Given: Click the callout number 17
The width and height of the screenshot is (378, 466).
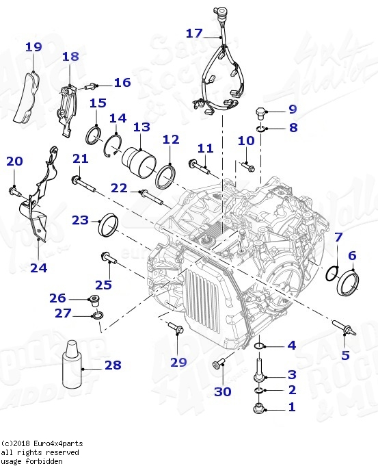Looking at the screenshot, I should click(194, 33).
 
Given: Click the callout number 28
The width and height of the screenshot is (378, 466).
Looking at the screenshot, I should click(113, 366).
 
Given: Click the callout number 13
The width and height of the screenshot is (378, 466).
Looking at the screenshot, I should click(141, 127).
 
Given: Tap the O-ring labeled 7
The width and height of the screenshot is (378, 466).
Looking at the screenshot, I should click(331, 274).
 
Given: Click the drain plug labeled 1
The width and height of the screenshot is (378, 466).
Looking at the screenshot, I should click(259, 409).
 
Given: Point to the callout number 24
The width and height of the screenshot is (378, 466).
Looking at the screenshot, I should click(38, 267).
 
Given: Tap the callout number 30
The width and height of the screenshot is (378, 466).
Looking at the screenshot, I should click(223, 392).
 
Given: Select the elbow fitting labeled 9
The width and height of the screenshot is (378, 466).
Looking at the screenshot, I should click(262, 112).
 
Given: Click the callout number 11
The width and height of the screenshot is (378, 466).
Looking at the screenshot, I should click(206, 148).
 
